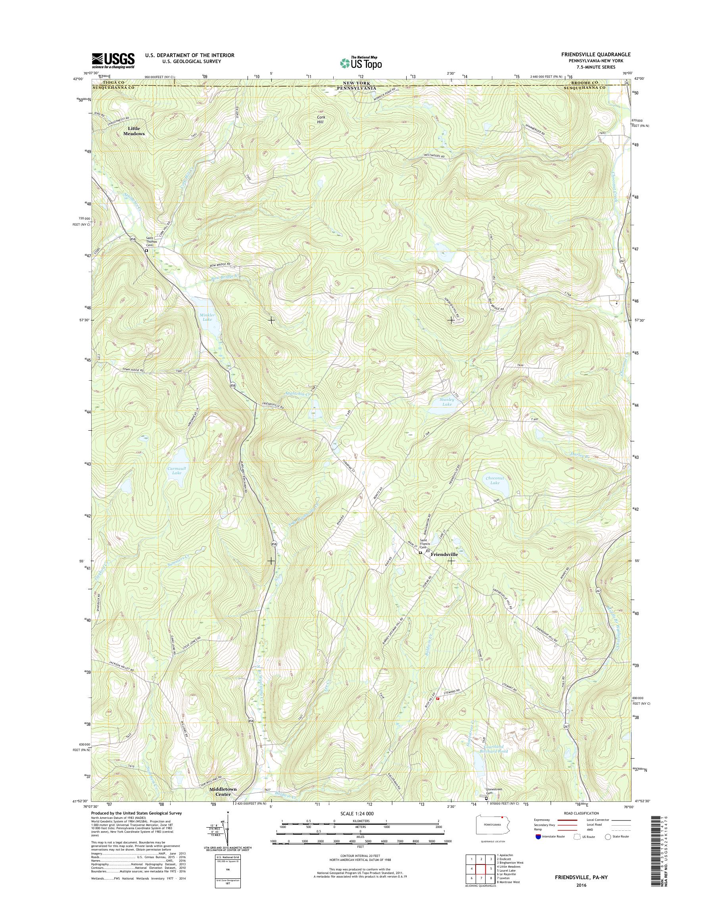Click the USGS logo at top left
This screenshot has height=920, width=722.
tap(113, 60)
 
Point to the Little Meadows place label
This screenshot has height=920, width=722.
tap(134, 131)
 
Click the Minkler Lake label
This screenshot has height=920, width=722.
tap(207, 317)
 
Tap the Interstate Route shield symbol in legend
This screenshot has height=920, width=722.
tap(538, 836)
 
